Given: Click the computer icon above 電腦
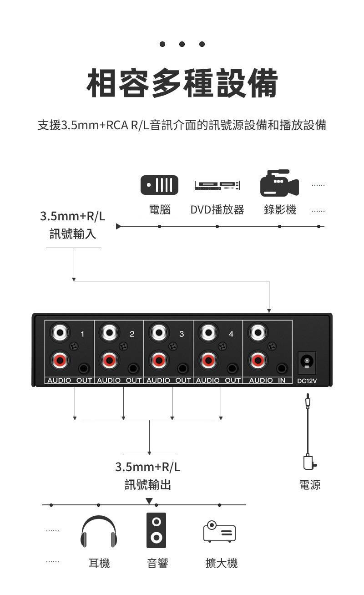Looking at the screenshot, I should [x=159, y=185].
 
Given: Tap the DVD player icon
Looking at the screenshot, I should [x=217, y=185].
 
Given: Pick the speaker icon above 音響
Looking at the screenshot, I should [x=156, y=530].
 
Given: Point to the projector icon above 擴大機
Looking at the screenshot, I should [x=219, y=531].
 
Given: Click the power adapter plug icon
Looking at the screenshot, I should [x=309, y=462].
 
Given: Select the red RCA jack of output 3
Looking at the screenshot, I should [x=159, y=360].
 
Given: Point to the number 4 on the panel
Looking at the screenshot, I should [x=231, y=334].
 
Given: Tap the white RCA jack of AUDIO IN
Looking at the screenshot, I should [x=258, y=333].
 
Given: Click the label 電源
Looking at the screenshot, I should [x=310, y=485].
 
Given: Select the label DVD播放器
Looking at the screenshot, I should [x=217, y=210].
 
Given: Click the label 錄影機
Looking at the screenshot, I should [x=280, y=210].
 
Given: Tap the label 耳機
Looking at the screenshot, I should [x=99, y=564].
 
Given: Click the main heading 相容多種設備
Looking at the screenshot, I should [x=182, y=83].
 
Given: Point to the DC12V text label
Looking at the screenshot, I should [x=307, y=381].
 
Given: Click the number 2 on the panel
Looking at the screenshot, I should [x=132, y=334].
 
